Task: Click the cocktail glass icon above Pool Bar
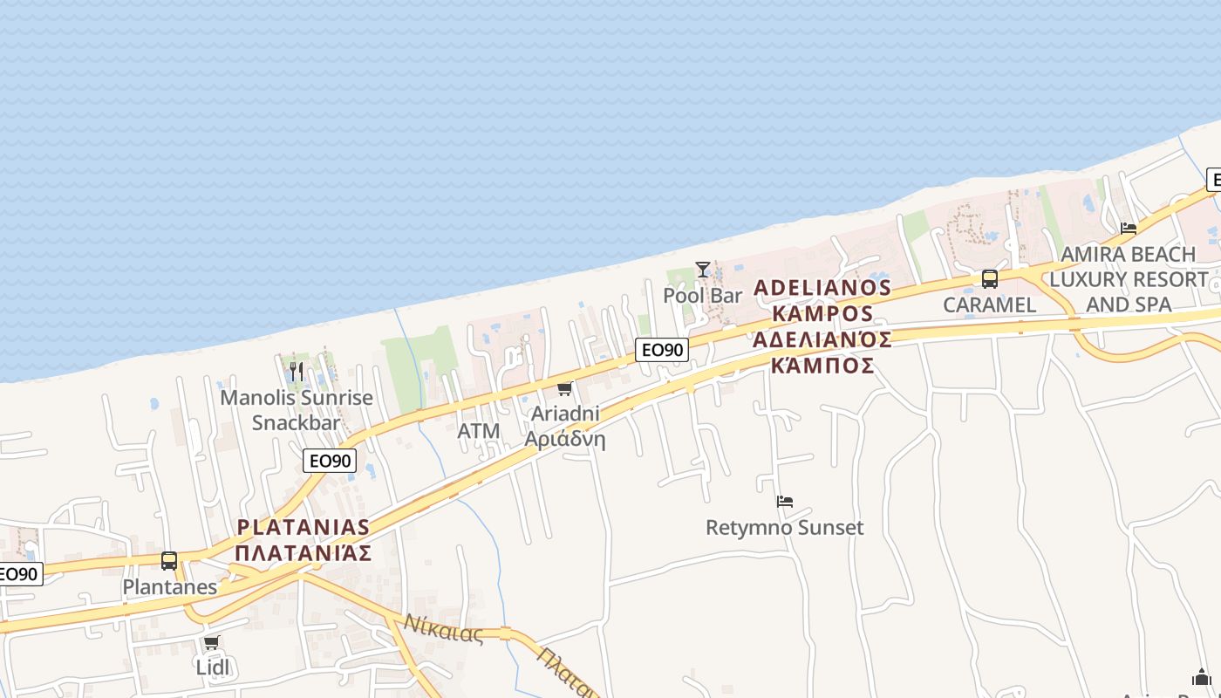702,269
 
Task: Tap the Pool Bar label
702,295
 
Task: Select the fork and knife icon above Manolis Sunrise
297,372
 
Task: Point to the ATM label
479,431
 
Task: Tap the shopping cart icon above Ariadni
564,388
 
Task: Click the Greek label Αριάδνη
564,438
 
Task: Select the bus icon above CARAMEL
989,279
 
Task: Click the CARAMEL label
989,305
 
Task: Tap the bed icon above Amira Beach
1129,229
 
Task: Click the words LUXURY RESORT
1128,280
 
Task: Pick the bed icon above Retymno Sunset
785,502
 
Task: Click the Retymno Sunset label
784,528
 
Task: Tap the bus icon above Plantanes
169,561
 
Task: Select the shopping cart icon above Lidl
211,643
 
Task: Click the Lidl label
212,667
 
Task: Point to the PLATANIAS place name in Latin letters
304,527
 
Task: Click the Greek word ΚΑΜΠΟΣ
822,365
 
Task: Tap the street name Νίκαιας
443,628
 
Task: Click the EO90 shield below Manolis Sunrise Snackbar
330,461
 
